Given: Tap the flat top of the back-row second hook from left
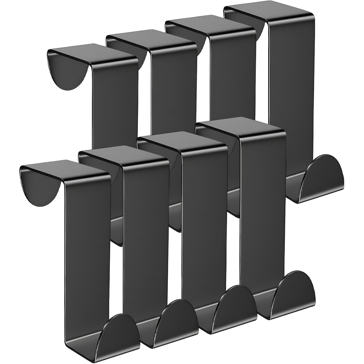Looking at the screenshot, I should [x=151, y=40].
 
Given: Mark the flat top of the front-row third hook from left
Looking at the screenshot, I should [x=182, y=142].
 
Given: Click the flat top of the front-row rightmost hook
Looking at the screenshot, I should [x=241, y=130].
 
